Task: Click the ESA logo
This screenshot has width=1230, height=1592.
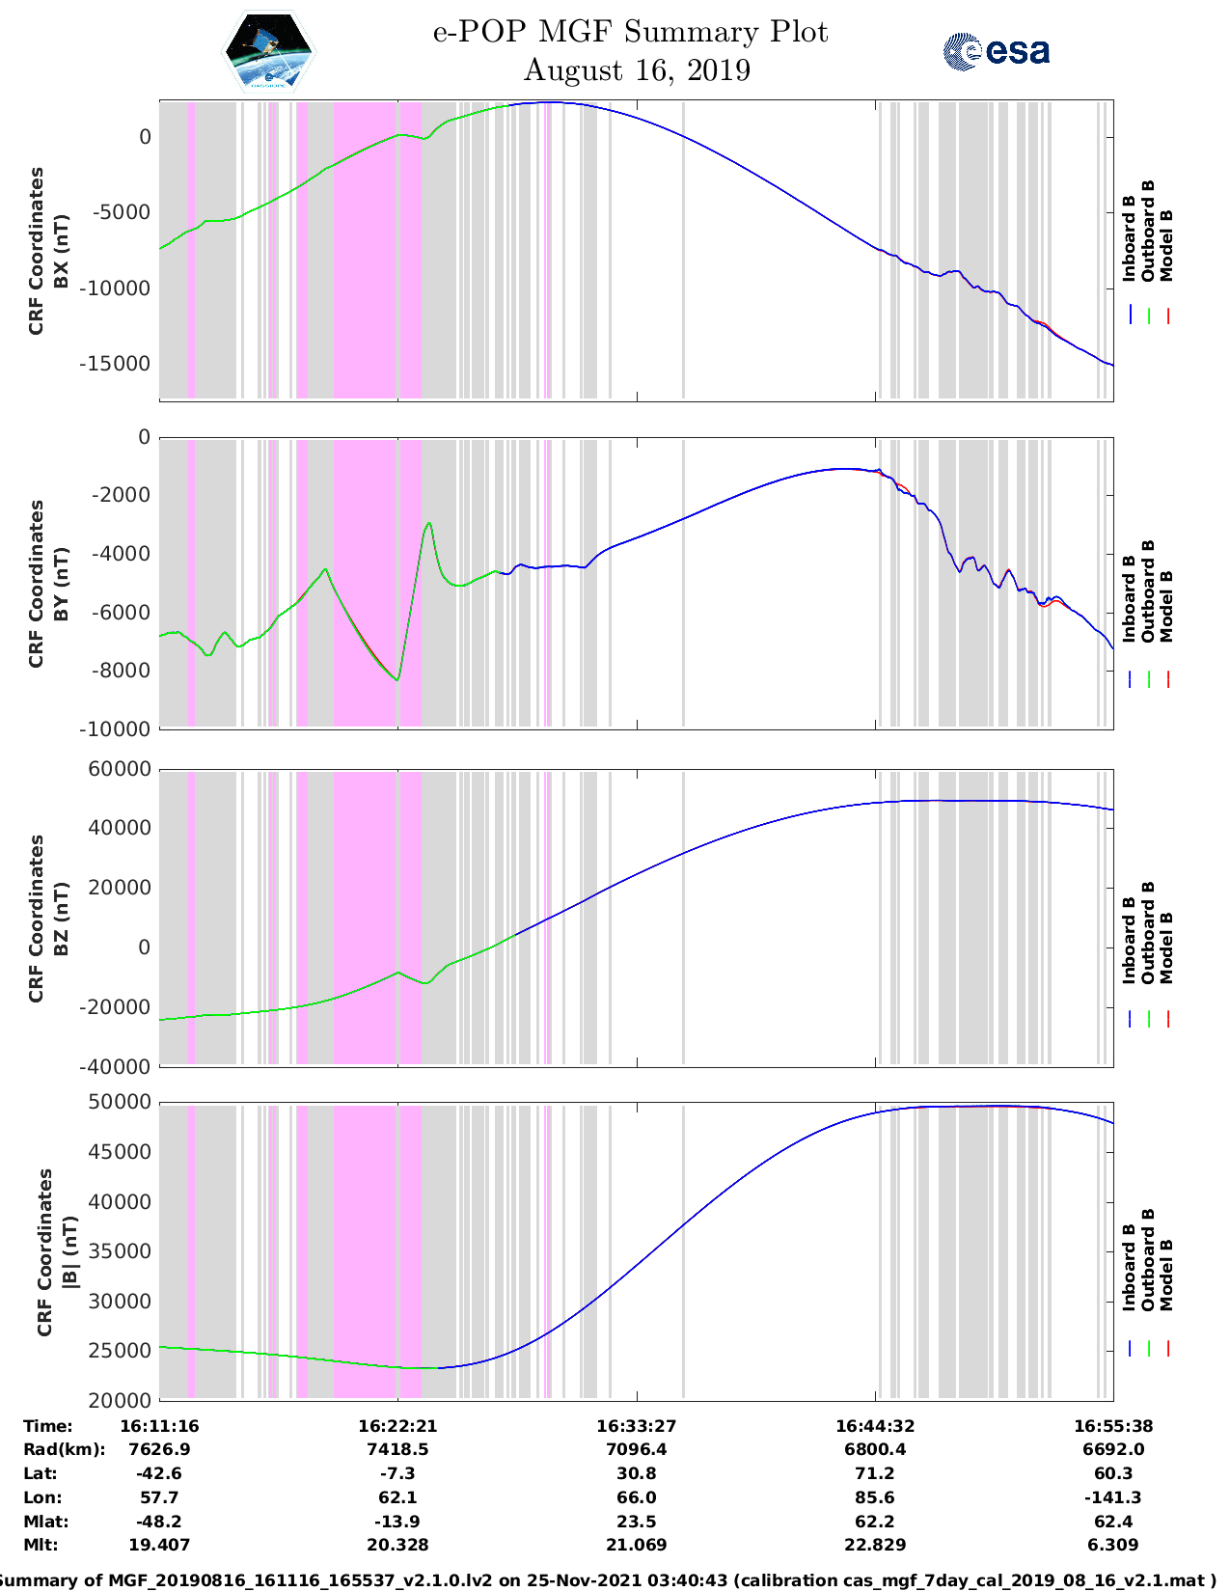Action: [x=996, y=51]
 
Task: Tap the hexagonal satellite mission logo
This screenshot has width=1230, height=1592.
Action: [x=269, y=52]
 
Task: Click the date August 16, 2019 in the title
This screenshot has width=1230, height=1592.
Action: [x=637, y=70]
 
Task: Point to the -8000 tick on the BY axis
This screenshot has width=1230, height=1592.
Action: [x=123, y=671]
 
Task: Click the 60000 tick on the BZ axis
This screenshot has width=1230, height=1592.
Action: [x=121, y=769]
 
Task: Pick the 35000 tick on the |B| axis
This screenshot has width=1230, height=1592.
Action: [x=121, y=1251]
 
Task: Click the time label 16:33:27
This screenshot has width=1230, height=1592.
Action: [x=636, y=1426]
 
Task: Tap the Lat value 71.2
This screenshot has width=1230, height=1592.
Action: [x=875, y=1473]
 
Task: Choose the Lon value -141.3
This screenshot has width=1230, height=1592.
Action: [x=1113, y=1497]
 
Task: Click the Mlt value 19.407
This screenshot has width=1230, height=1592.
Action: [x=159, y=1545]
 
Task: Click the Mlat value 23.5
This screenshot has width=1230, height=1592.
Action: [x=636, y=1522]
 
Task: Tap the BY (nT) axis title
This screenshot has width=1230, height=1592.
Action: [x=60, y=583]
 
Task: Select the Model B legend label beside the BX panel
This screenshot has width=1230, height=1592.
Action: [x=1166, y=245]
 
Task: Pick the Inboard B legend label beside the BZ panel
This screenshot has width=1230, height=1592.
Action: [x=1129, y=940]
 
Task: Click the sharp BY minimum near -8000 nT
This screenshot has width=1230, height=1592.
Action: [x=397, y=680]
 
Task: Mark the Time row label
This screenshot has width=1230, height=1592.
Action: [x=47, y=1426]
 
